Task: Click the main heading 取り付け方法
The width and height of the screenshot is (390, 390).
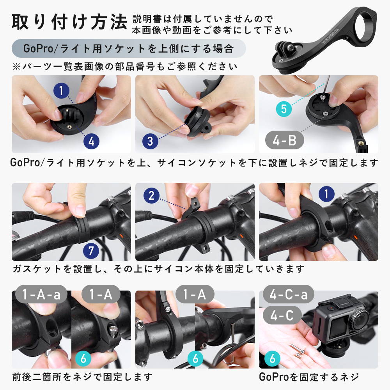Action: tap(69, 22)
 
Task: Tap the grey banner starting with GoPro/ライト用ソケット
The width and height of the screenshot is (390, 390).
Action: tap(129, 48)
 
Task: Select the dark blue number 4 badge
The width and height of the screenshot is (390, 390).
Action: tap(91, 142)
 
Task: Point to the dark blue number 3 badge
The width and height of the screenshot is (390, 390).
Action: tap(150, 141)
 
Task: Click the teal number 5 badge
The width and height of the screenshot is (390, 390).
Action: tap(284, 109)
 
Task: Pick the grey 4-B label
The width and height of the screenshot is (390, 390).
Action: tap(285, 140)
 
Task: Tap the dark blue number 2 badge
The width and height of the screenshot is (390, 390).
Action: tap(151, 196)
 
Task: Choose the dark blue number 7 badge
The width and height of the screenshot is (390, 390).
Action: tap(91, 250)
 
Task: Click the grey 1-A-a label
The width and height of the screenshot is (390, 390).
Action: tap(41, 294)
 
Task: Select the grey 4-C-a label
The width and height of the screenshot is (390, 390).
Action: tap(289, 294)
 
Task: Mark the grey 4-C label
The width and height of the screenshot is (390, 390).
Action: tap(282, 315)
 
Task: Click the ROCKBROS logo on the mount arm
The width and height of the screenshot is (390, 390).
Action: tap(330, 36)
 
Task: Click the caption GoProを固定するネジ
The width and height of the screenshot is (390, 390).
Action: tap(309, 377)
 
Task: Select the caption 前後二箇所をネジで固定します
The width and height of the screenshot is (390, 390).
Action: tap(82, 377)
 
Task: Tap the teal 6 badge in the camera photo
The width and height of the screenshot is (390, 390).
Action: tap(272, 358)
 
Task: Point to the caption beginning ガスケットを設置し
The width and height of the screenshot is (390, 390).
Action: tap(158, 269)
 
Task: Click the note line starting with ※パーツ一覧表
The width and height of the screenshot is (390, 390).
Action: tap(125, 66)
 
